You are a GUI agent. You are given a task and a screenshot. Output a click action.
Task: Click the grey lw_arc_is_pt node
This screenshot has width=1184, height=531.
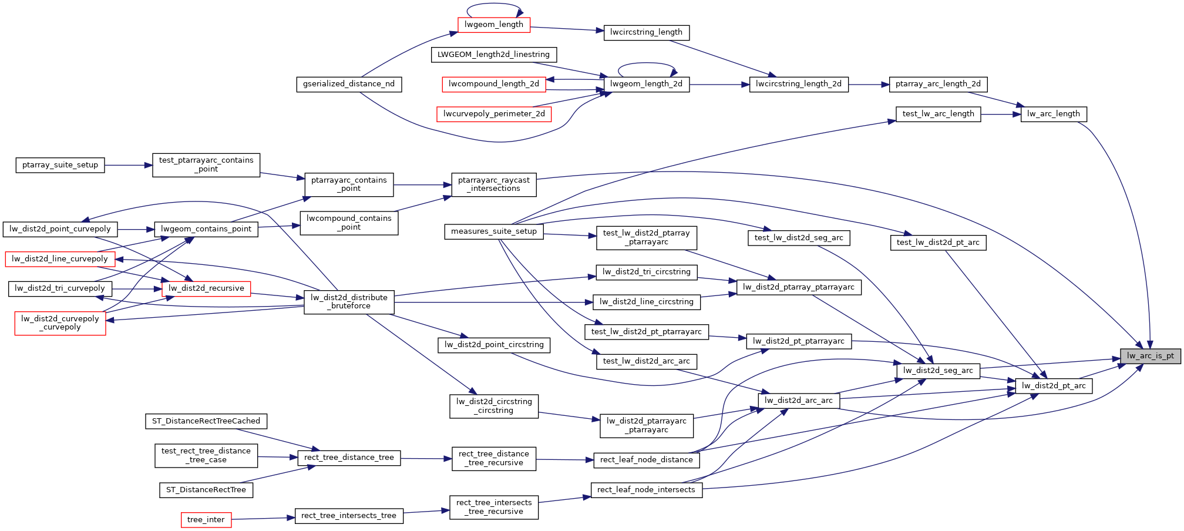pyautogui.click(x=1150, y=355)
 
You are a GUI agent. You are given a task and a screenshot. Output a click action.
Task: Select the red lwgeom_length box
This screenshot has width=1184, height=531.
pyautogui.click(x=493, y=25)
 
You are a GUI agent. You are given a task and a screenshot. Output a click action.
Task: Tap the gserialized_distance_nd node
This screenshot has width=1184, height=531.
pyautogui.click(x=349, y=84)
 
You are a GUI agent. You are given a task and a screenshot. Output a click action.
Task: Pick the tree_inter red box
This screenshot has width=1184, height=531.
pyautogui.click(x=206, y=520)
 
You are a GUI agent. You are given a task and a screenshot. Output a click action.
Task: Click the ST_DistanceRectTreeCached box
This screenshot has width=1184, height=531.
pyautogui.click(x=206, y=421)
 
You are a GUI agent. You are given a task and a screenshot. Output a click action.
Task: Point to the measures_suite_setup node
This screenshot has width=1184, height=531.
pyautogui.click(x=493, y=231)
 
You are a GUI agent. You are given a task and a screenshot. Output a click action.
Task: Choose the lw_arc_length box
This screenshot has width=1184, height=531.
pyautogui.click(x=1054, y=114)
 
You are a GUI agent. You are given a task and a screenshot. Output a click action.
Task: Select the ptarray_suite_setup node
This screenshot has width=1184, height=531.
pyautogui.click(x=60, y=165)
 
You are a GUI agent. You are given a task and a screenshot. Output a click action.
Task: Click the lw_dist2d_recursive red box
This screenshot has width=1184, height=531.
pyautogui.click(x=206, y=288)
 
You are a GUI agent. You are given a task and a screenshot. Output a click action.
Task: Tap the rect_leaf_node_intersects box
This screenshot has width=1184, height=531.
pyautogui.click(x=646, y=490)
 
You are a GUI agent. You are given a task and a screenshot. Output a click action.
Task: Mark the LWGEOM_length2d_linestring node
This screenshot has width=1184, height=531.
pyautogui.click(x=493, y=55)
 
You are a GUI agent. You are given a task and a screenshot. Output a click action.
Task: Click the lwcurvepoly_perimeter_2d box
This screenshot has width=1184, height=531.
pyautogui.click(x=494, y=114)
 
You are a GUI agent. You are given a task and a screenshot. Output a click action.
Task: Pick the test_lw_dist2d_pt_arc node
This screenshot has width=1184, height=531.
pyautogui.click(x=937, y=242)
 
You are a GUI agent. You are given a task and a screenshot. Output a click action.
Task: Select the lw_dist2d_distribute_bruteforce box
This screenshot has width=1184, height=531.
pyautogui.click(x=349, y=302)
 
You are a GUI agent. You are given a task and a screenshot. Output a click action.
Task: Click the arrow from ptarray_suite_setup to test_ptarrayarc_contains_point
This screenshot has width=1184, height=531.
pyautogui.click(x=129, y=165)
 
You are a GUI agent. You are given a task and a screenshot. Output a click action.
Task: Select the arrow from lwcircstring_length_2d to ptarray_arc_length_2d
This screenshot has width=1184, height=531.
pyautogui.click(x=869, y=85)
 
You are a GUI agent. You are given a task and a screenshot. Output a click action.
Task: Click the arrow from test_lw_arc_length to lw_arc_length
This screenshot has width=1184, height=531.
pyautogui.click(x=1001, y=114)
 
